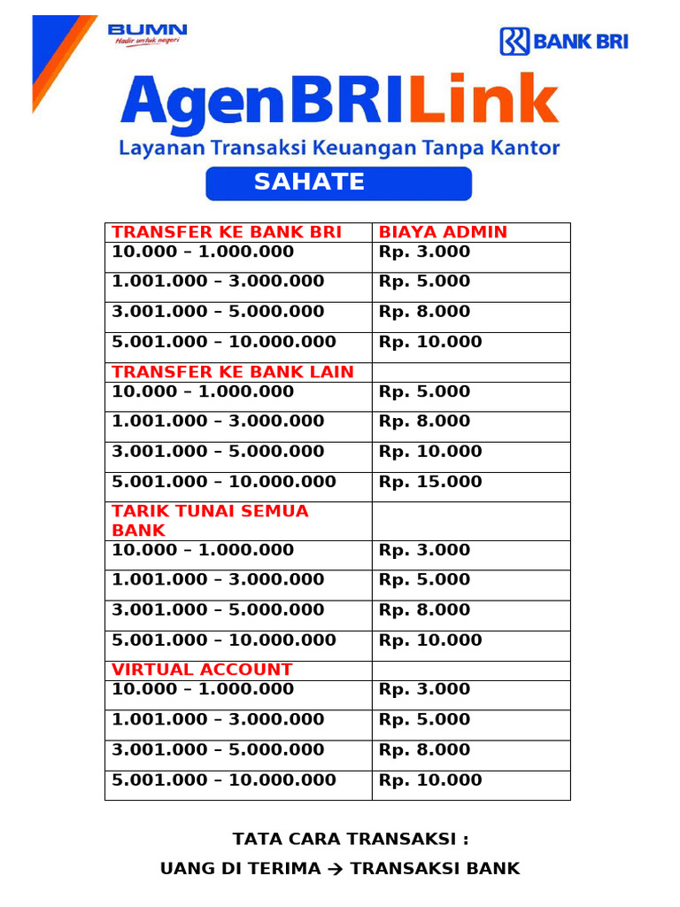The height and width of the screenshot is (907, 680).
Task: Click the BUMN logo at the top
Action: click(147, 35)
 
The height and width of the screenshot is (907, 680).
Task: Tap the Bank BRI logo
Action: click(564, 42)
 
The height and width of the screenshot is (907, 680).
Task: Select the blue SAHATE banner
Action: click(339, 182)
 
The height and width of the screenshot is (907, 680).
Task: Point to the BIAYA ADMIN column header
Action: click(443, 232)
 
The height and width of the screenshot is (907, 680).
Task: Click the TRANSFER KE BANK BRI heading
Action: click(227, 232)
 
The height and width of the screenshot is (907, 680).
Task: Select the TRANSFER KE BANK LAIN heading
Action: click(233, 372)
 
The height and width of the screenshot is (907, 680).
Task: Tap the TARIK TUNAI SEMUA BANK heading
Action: click(210, 521)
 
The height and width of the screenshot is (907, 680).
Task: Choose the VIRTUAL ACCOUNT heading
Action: click(202, 670)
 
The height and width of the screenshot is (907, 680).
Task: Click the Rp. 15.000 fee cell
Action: click(430, 482)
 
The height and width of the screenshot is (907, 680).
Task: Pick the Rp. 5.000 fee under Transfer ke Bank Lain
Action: click(425, 391)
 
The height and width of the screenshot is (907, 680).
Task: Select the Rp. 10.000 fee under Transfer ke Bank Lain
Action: click(430, 452)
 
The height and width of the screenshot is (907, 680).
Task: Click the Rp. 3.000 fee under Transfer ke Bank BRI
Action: click(425, 252)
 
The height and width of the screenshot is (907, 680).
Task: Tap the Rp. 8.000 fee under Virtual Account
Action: click(425, 750)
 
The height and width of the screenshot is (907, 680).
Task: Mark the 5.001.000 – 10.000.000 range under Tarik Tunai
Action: click(224, 640)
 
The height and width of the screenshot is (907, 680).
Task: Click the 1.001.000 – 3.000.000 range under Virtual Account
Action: click(218, 720)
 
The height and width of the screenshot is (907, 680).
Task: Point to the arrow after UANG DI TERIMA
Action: click(336, 869)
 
